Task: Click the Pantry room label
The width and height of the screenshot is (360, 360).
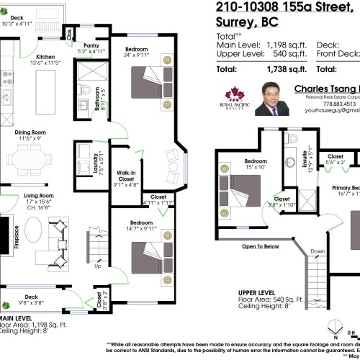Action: (91, 45)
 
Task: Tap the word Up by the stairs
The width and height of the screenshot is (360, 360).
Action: (97, 266)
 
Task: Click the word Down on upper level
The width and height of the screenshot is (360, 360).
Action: (318, 251)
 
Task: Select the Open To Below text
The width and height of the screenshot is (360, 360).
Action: (260, 246)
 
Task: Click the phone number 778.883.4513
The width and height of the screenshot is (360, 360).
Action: (325, 104)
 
